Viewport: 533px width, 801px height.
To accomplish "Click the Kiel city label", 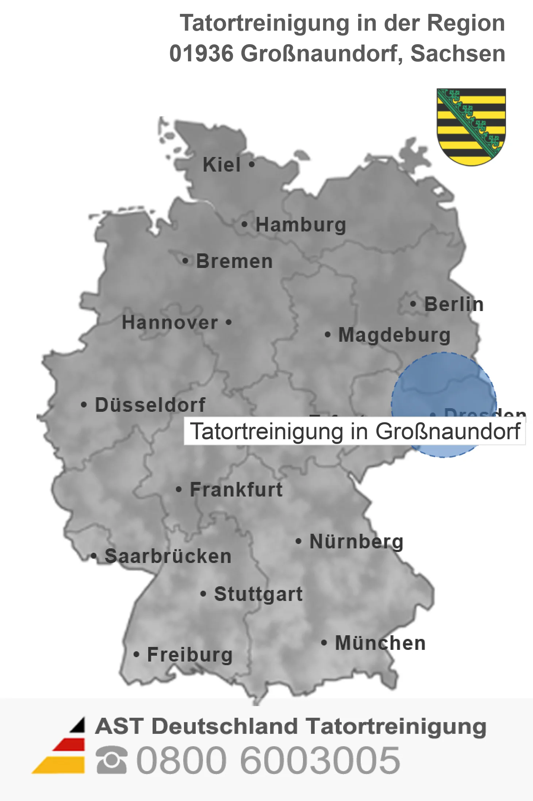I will (222, 165).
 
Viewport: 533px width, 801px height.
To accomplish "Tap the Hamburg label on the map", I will (300, 225).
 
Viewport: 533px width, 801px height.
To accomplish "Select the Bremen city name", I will (234, 261).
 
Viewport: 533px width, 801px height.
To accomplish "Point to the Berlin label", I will (454, 304).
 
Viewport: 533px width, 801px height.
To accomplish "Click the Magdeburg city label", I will (394, 335).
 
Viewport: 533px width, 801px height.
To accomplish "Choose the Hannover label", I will (170, 322).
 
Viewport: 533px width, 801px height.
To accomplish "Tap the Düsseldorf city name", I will (150, 405).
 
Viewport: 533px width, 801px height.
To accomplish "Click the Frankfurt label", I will (236, 490).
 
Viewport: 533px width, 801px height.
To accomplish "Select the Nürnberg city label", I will (356, 541).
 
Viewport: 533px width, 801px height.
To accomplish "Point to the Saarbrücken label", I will (168, 556).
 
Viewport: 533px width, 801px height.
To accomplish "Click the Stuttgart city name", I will (258, 594).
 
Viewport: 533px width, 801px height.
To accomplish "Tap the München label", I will (380, 643).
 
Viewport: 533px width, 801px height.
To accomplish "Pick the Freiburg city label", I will (190, 655).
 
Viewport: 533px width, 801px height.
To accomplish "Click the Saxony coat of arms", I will (471, 126).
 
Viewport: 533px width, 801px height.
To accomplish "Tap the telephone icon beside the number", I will (112, 760).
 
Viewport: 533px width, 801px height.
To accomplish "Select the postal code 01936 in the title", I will (201, 53).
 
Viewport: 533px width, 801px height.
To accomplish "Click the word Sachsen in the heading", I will (458, 53).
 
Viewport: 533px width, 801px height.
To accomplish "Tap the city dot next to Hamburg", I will (245, 225).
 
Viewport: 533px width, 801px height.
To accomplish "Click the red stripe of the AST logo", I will (70, 744).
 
